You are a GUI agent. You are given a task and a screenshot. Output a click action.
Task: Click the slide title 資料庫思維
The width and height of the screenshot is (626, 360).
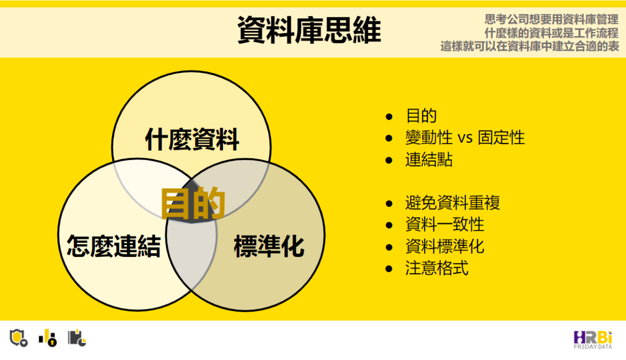click(309, 29)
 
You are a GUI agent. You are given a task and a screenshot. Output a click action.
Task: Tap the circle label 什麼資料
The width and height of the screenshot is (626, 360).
click(192, 139)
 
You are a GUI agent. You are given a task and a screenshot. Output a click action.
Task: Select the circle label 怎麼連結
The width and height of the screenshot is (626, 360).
click(114, 246)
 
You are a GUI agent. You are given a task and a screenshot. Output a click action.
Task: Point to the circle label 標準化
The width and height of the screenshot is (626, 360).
click(269, 246)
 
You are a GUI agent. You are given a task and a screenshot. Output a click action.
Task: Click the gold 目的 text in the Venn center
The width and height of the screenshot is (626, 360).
click(193, 203)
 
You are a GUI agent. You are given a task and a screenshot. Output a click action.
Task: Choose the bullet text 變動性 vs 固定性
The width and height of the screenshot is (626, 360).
click(465, 138)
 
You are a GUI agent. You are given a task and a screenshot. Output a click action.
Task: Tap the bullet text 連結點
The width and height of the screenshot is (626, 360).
click(429, 159)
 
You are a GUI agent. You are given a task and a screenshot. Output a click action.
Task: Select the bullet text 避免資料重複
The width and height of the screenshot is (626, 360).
click(452, 203)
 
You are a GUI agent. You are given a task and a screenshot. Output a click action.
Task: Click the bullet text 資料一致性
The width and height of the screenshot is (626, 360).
click(445, 224)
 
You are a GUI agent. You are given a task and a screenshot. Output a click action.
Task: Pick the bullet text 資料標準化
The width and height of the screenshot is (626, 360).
click(445, 246)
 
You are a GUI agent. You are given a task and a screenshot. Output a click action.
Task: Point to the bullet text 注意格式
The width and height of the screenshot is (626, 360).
click(437, 268)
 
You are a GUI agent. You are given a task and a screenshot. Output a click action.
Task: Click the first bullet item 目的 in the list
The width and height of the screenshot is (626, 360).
click(421, 116)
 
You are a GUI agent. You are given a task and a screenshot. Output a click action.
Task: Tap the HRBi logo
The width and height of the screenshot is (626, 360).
click(593, 340)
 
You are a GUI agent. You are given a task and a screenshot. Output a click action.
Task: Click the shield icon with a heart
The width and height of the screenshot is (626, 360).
click(18, 338)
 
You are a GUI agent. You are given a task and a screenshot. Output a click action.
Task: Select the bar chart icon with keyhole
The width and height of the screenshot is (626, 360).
click(48, 338)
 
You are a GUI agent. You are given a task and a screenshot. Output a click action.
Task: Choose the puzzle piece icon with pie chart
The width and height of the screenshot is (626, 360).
click(77, 338)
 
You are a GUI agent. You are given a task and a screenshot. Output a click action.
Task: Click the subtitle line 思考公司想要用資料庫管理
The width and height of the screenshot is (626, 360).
click(551, 20)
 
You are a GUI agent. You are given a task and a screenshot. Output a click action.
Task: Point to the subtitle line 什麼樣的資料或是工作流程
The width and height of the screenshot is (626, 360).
click(551, 33)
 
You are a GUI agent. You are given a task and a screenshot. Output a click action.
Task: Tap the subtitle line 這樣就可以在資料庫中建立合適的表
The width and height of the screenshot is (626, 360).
click(529, 46)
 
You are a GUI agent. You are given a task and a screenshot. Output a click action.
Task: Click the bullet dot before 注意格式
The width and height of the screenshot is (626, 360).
click(389, 269)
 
